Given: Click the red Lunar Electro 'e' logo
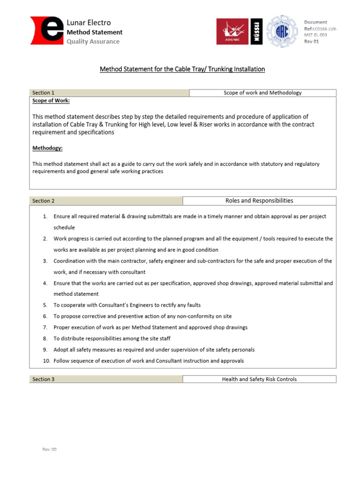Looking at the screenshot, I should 47,31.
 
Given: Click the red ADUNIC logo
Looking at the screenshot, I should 232,31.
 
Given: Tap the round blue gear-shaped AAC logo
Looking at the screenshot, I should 281,31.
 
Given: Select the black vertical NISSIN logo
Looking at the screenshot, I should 257,32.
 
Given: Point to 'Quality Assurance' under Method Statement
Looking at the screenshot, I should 93,41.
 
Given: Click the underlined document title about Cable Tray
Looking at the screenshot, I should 182,69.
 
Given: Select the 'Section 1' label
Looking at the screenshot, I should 43,93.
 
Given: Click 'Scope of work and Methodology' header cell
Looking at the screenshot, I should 262,93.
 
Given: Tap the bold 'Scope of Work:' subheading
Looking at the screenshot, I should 51,100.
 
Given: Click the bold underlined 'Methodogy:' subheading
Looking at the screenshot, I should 47,148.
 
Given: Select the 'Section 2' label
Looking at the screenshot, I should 43,201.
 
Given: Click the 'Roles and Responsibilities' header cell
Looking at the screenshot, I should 259,201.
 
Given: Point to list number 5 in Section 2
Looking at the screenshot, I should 45,305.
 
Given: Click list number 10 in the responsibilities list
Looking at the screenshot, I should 46,361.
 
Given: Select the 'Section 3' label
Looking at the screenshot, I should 43,379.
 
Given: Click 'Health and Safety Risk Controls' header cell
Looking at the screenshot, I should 259,379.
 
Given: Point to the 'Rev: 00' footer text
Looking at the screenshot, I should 49,449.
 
